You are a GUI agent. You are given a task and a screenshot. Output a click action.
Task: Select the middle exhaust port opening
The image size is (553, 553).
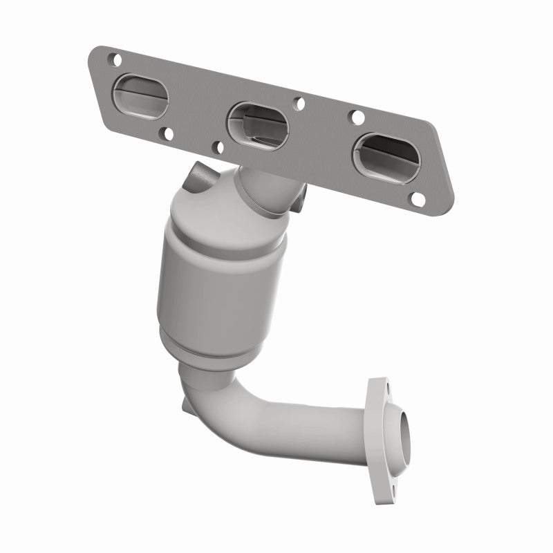pyautogui.click(x=259, y=124)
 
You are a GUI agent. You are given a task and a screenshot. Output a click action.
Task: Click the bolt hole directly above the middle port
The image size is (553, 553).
pyautogui.click(x=299, y=104)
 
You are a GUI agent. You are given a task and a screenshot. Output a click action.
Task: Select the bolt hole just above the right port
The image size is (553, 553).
pyautogui.click(x=359, y=118)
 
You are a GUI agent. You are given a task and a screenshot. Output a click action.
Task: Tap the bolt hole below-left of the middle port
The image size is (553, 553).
pyautogui.click(x=218, y=147)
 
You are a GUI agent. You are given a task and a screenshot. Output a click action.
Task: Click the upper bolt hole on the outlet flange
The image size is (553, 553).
pyautogui.click(x=382, y=388)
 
